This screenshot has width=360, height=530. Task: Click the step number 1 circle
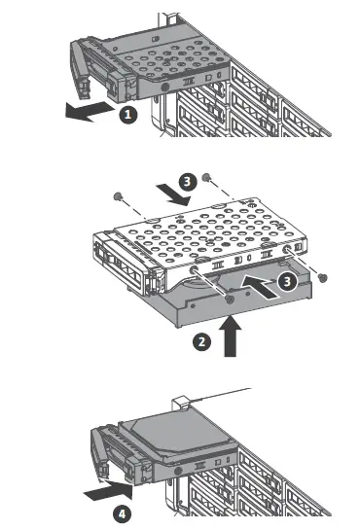(x=127, y=115)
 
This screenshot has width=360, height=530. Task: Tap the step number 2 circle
(x=201, y=341)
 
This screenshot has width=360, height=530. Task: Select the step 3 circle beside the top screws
(x=188, y=182)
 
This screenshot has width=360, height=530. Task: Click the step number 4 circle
(x=122, y=514)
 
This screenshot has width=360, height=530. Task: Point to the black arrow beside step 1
(x=90, y=112)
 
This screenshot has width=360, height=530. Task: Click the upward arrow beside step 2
(x=231, y=336)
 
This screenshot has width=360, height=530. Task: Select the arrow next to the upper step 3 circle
(x=173, y=195)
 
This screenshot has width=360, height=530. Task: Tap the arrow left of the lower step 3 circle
(x=259, y=287)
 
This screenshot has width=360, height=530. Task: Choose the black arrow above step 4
(x=108, y=491)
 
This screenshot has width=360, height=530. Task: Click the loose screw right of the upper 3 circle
(x=205, y=177)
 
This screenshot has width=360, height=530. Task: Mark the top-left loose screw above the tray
(x=118, y=196)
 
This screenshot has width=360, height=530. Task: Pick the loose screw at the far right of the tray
(x=323, y=278)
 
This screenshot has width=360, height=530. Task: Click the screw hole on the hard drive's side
(x=230, y=299)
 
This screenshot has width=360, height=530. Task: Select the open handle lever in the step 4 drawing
(x=98, y=453)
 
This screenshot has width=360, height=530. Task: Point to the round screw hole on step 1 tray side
(x=165, y=87)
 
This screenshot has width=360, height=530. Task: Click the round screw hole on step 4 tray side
(x=178, y=471)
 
